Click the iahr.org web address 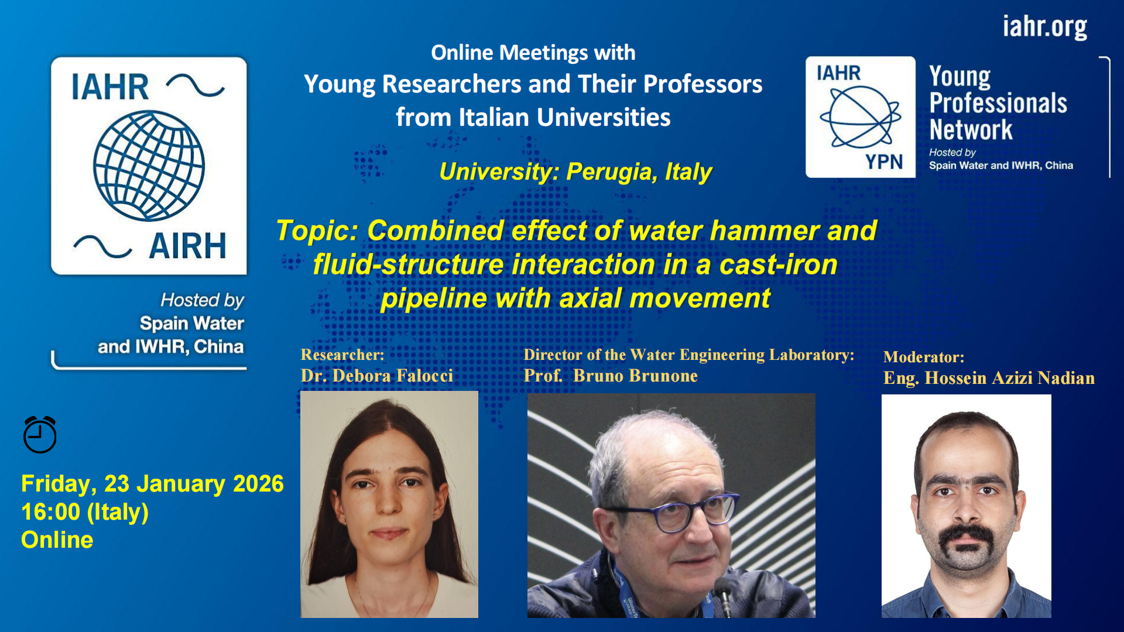click(x=1044, y=27)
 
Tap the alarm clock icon click(x=40, y=435)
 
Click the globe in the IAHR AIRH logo click(x=149, y=166)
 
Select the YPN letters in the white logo click(x=884, y=162)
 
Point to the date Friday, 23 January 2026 click(x=152, y=484)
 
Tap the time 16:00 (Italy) click(x=85, y=512)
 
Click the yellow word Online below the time click(x=57, y=540)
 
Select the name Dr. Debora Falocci click(x=377, y=376)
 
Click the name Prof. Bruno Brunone click(x=611, y=376)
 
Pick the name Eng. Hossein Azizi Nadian click(x=989, y=378)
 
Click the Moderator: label click(x=923, y=357)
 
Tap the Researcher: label click(x=342, y=355)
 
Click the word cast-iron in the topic click(x=778, y=265)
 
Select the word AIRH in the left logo click(x=187, y=246)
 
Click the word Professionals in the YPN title click(x=998, y=104)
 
